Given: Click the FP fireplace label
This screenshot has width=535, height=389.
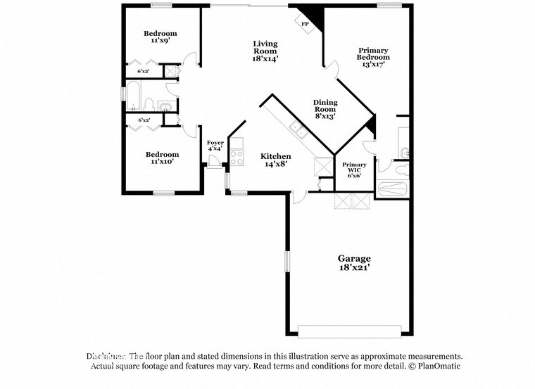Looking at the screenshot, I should [305, 24].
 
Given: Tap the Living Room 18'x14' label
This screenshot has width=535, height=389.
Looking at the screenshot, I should [265, 51].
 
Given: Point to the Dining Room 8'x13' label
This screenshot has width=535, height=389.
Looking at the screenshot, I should [325, 109].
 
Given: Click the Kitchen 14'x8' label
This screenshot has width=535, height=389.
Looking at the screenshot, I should [275, 160].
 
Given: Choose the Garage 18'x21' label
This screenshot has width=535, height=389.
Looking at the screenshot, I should [353, 263].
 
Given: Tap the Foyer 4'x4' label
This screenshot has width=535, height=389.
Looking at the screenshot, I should [215, 146].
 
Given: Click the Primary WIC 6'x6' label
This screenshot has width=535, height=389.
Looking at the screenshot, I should [354, 169].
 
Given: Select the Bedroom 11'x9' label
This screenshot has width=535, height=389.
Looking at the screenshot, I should [160, 37].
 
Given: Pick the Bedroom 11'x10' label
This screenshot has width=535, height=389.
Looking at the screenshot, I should [162, 158].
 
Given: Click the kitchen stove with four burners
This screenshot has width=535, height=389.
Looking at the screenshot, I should [237, 153].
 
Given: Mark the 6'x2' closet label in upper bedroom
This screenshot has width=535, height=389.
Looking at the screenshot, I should [143, 71].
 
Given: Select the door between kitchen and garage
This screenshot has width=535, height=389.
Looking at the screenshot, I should [298, 198].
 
